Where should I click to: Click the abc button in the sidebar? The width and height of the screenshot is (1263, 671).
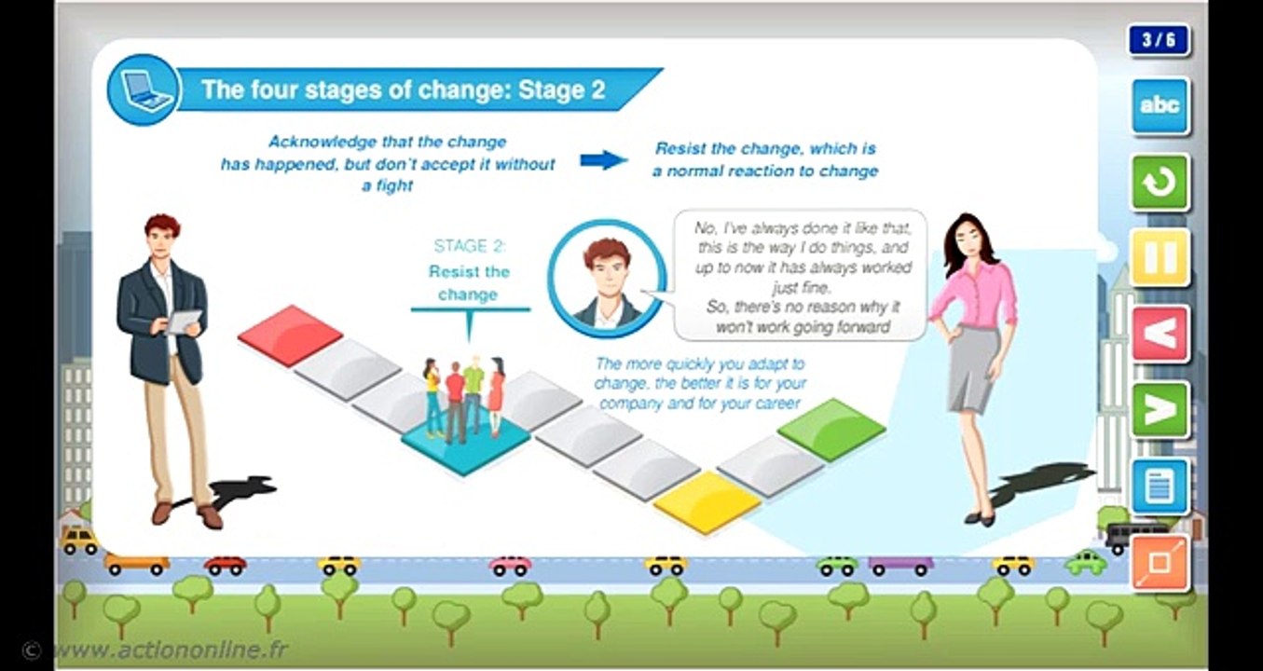(x=1160, y=106)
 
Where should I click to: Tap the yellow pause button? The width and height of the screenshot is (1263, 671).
(x=1160, y=257)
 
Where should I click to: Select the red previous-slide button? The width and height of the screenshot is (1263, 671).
(x=1160, y=333)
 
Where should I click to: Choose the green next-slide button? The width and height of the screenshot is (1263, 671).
(x=1160, y=409)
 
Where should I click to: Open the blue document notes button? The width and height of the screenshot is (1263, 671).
(x=1160, y=486)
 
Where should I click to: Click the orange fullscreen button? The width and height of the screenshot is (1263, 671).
(x=1160, y=562)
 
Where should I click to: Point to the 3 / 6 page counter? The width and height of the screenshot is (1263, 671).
(x=1159, y=40)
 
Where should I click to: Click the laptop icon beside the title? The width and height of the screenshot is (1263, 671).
(x=143, y=89)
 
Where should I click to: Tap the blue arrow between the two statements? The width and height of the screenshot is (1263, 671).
(x=603, y=160)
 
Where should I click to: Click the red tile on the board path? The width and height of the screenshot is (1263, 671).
(x=290, y=334)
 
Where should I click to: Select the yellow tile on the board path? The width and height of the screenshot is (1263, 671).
(x=706, y=501)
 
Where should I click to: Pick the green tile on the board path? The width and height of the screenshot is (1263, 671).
(x=831, y=429)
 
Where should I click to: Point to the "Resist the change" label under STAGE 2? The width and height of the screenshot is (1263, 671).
(x=468, y=282)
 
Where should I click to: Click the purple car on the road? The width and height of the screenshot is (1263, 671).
(x=900, y=565)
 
